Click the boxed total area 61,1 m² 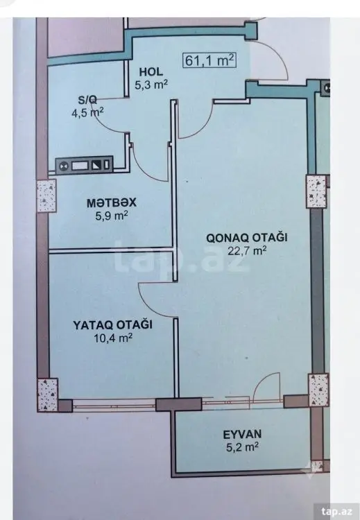(x=209, y=60)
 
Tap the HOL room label (x=151, y=71)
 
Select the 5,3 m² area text (x=151, y=85)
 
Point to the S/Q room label (x=87, y=99)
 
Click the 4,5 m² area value (x=87, y=112)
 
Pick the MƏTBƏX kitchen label (x=112, y=203)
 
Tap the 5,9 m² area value (x=112, y=216)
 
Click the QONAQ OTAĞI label (x=247, y=237)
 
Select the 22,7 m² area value (x=247, y=251)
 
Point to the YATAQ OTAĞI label (x=113, y=324)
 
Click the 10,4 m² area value (x=113, y=338)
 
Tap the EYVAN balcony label (x=242, y=434)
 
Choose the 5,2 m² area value (x=242, y=447)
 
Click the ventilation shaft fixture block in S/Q (x=84, y=165)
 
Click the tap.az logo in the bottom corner (x=337, y=510)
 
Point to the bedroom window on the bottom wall (x=114, y=405)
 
